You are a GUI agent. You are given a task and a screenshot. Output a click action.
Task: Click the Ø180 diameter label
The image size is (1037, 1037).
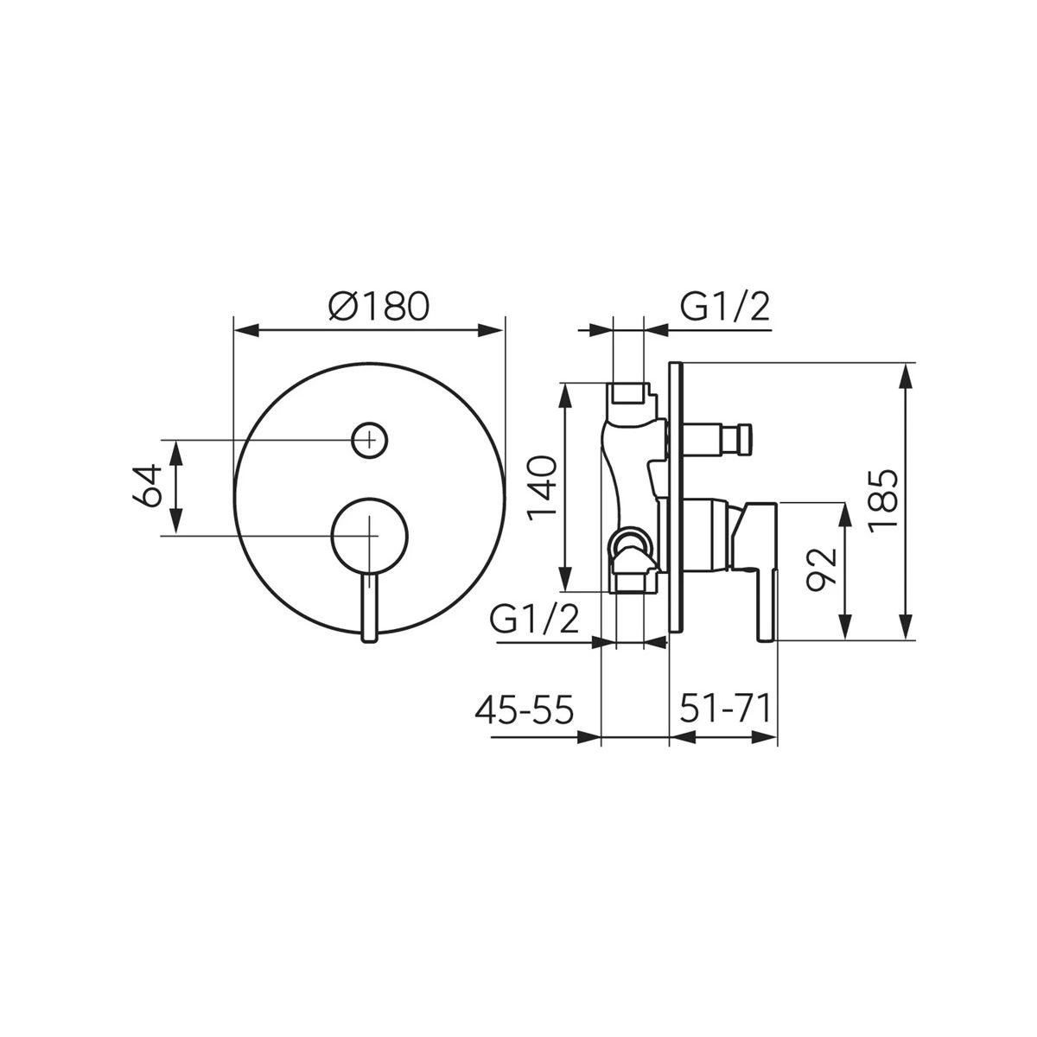[379, 306]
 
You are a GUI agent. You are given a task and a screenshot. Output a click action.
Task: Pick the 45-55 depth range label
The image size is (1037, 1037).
[525, 710]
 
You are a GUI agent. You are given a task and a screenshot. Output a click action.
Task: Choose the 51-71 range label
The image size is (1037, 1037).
[725, 710]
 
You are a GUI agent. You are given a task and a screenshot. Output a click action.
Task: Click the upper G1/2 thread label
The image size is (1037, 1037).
[725, 307]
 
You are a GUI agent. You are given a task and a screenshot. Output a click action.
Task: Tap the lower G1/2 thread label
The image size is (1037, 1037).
[534, 619]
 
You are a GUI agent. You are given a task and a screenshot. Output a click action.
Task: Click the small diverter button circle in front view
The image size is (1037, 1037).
[369, 440]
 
